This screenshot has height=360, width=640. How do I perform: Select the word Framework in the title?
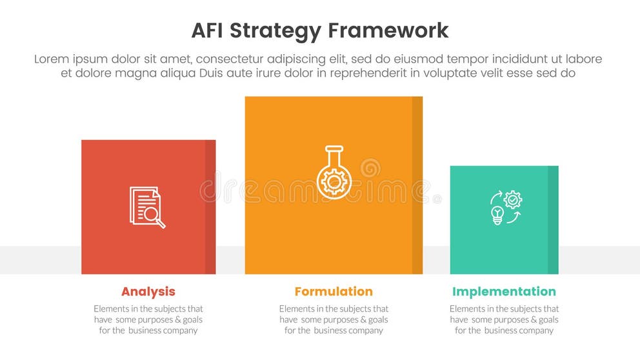(388, 30)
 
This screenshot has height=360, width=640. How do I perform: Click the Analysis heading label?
(148, 292)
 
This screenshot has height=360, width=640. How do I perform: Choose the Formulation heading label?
(334, 292)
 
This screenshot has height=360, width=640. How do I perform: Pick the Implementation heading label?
(504, 292)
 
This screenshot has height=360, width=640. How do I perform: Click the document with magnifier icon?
(147, 207)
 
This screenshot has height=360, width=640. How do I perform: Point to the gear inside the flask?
(334, 182)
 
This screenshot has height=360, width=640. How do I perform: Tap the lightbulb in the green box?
(497, 215)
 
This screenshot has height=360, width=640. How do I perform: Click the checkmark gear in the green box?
(514, 199)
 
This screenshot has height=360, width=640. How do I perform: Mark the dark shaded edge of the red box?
(210, 207)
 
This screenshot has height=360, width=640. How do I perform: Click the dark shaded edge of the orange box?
(417, 185)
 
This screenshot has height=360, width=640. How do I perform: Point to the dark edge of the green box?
(553, 220)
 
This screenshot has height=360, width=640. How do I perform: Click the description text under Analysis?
(148, 319)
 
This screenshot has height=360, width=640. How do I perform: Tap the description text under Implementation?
(504, 319)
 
